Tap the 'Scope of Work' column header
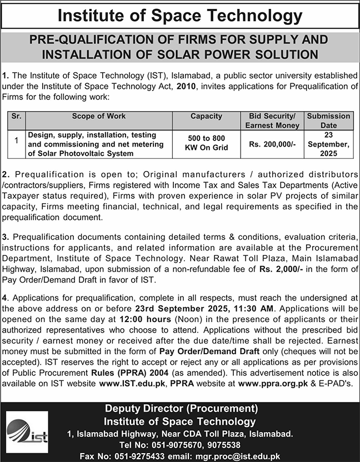click(99, 117)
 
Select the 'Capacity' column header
click(206, 117)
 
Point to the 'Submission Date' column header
click(329, 120)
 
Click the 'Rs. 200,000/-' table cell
click(272, 144)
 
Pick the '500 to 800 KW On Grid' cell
click(206, 144)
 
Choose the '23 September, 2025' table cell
click(329, 143)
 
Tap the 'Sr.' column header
click(17, 117)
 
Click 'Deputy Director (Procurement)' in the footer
click(181, 409)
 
